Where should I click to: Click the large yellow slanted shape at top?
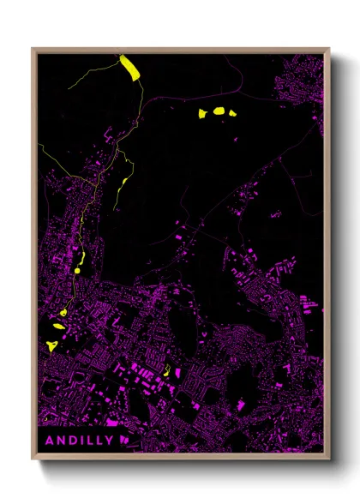pyautogui.click(x=130, y=67)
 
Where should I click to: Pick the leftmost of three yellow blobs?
pyautogui.click(x=203, y=112)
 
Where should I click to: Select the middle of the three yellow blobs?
pyautogui.click(x=218, y=111)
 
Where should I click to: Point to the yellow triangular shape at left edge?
pyautogui.click(x=53, y=345)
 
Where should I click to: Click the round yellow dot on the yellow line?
pyautogui.click(x=77, y=270)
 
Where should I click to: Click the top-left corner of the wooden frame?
pyautogui.click(x=33, y=50)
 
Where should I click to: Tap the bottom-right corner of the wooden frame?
pyautogui.click(x=328, y=458)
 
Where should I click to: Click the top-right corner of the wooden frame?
pyautogui.click(x=328, y=50)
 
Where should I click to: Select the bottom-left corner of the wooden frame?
pyautogui.click(x=33, y=458)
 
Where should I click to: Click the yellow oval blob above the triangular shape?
pyautogui.click(x=59, y=326)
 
